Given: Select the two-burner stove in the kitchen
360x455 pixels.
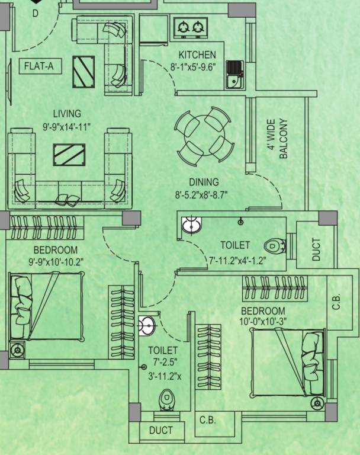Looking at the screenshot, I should pos(190,26).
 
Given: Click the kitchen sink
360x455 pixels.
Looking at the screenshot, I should pos(234,75).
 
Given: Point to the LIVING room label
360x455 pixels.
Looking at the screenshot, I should pos(67,114).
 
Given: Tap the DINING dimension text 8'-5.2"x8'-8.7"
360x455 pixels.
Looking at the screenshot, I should pos(201,194).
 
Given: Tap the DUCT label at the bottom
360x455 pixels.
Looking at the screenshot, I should pos(161,430).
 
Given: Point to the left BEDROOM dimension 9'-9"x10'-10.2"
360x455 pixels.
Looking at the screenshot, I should pos(56,260).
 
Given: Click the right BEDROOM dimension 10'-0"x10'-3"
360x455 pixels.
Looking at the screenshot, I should pos(263,322).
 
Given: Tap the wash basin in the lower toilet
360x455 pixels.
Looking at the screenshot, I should pos(146,325).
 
